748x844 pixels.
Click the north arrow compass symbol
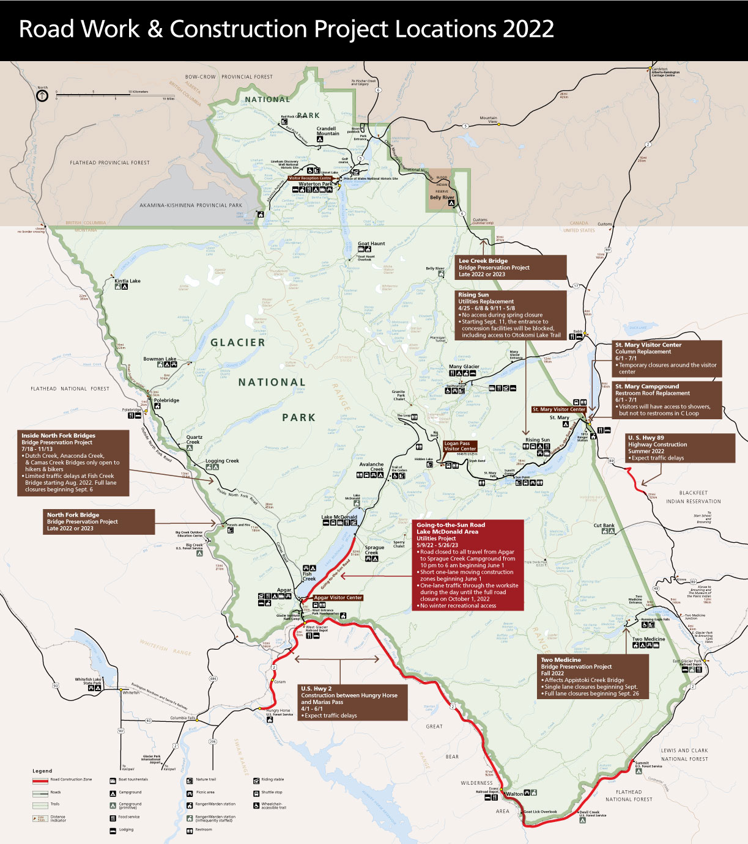[x=42, y=96]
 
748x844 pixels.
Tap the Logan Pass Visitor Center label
[x=460, y=446]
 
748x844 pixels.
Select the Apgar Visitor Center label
[x=338, y=598]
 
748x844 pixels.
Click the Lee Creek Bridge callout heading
[x=483, y=261]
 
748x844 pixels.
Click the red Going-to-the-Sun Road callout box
[x=468, y=565]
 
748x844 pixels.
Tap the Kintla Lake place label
[x=127, y=281]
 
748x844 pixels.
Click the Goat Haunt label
[x=371, y=243]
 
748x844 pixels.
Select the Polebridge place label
[x=167, y=400]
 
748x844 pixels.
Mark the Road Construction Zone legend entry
[x=71, y=780]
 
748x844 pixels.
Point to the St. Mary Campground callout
[x=667, y=400]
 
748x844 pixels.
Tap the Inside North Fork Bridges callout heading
[x=59, y=436]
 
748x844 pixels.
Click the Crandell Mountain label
[x=327, y=131]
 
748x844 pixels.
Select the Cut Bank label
[x=604, y=526]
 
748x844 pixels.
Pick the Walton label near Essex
[x=514, y=794]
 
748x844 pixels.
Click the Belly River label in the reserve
[x=442, y=197]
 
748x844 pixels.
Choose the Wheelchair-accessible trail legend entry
[x=274, y=805]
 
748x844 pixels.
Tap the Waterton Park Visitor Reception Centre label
[x=310, y=178]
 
